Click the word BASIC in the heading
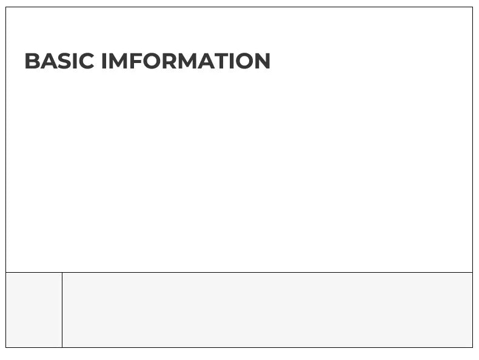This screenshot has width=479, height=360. point(59,61)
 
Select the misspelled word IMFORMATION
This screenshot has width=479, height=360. point(186,61)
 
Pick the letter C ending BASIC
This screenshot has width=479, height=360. point(86,61)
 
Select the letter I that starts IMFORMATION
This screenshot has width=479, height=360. point(104,61)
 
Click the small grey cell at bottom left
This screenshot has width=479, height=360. point(34,310)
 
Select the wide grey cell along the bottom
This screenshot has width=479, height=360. point(267,310)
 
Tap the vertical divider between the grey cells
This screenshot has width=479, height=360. point(62,310)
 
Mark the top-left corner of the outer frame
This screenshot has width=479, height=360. point(6,7)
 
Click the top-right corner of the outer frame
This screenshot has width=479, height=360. point(472,7)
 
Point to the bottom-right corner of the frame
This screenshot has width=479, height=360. point(472,347)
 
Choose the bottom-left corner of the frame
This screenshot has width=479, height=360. point(6,347)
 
